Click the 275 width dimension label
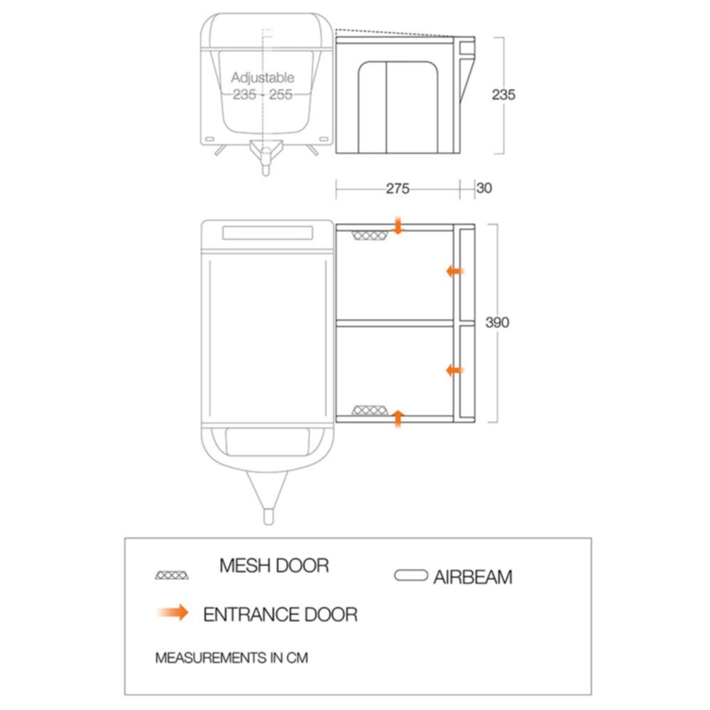[x=398, y=188]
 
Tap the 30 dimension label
[x=484, y=188]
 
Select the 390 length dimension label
[x=497, y=322]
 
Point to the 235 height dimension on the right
[x=503, y=94]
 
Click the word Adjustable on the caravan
[x=263, y=78]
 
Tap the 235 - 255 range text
[x=263, y=94]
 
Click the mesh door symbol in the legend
[x=172, y=575]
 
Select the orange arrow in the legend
[x=173, y=612]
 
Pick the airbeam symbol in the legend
[x=410, y=575]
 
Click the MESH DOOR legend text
[x=274, y=566]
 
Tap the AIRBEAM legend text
[x=473, y=577]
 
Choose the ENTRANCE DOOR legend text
[x=280, y=614]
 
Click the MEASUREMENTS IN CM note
[x=231, y=657]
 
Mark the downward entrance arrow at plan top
[x=398, y=226]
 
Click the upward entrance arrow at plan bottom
[x=398, y=418]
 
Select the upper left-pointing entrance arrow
[x=455, y=271]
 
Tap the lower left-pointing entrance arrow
[x=455, y=371]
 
